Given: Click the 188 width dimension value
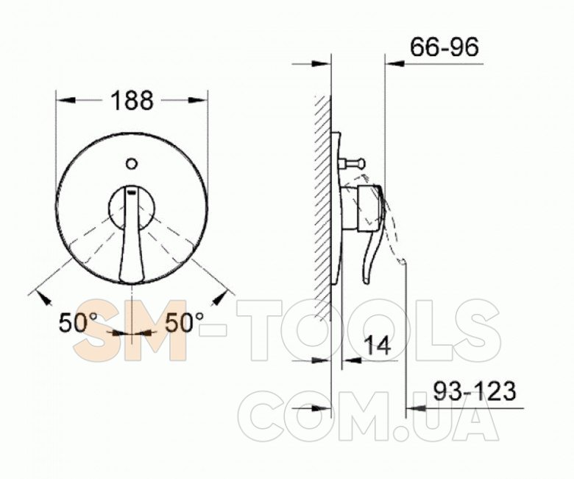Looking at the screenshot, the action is coord(132,100).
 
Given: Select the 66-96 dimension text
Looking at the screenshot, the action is coord(444,47).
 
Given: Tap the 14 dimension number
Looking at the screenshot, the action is coord(378,345).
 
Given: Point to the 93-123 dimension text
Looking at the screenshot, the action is coord(475,391).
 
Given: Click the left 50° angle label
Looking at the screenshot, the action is coord(78,323).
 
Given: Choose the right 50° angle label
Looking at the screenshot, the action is coord(184,323).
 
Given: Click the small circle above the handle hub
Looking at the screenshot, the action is coord(132,164).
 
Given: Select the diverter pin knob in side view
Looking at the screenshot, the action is coord(352,163).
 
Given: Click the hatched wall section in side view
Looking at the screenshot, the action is coord(322,208).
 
